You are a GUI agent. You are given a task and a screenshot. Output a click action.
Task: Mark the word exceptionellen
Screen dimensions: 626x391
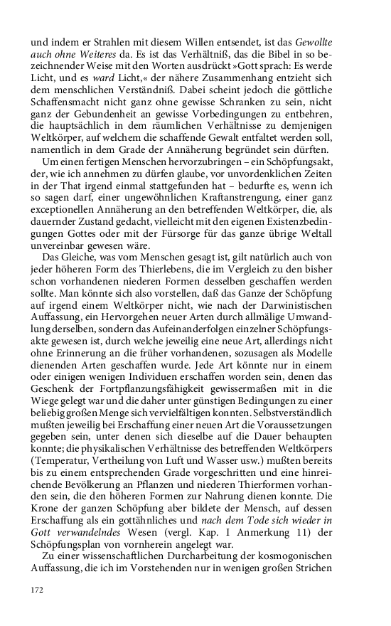click(63, 209)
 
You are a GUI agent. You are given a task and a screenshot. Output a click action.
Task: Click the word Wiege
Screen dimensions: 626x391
click(43, 414)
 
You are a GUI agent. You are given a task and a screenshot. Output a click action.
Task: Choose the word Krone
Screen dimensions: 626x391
click(45, 529)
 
